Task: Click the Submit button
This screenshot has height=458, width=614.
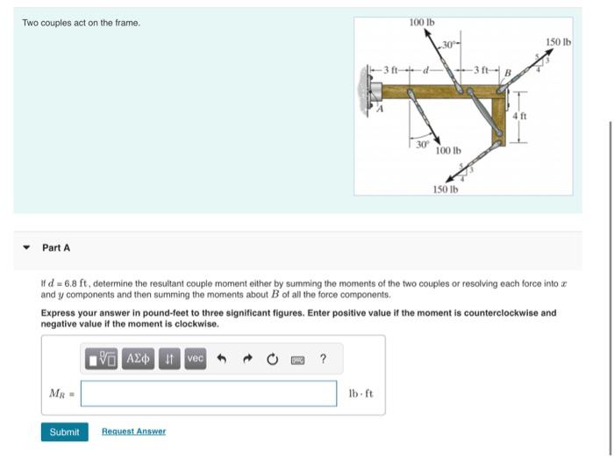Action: click(x=64, y=432)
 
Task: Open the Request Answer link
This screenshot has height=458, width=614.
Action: click(x=133, y=432)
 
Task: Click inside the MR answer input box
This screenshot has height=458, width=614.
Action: click(x=209, y=393)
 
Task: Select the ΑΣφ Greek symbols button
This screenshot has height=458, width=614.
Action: click(x=139, y=359)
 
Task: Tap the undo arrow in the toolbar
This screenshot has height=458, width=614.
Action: click(x=222, y=359)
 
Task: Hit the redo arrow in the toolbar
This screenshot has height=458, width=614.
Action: click(x=247, y=359)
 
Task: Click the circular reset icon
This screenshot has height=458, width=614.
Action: click(x=272, y=359)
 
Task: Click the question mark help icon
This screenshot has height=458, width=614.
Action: click(x=323, y=359)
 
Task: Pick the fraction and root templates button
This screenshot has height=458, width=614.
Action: click(x=103, y=359)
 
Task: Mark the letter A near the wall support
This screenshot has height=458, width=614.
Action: click(x=380, y=110)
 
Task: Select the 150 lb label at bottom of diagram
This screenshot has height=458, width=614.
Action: click(x=445, y=189)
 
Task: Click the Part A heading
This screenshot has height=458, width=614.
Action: click(x=56, y=248)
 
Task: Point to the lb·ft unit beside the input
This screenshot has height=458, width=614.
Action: click(x=361, y=393)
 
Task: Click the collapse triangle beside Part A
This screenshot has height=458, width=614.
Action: click(x=25, y=248)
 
